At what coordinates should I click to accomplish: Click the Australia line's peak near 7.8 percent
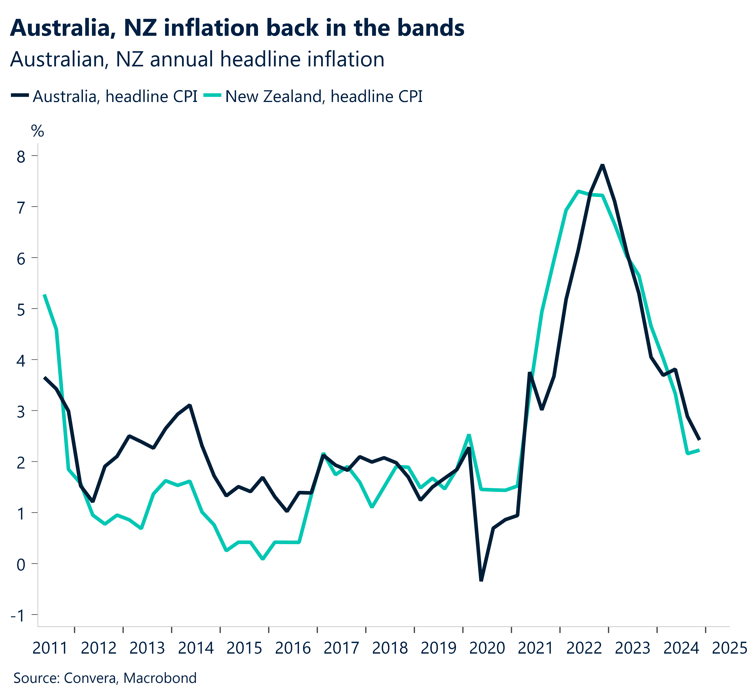602,165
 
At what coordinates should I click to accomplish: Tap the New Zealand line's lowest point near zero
263,559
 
